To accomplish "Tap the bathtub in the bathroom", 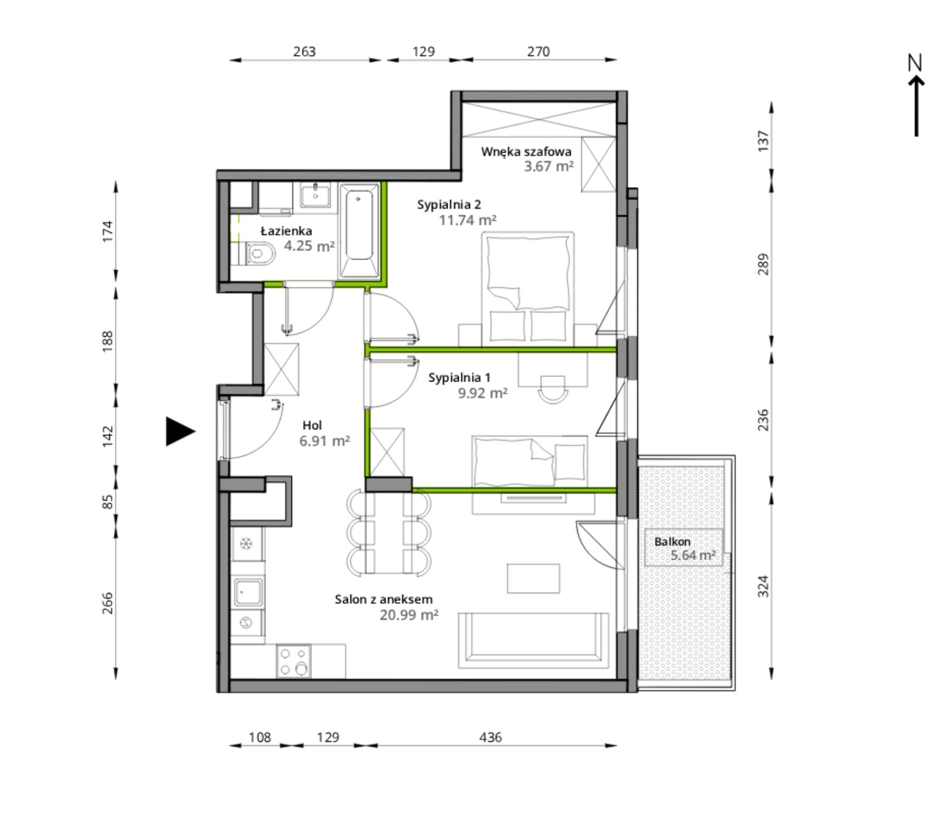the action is pyautogui.click(x=359, y=230).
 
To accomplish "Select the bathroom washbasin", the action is pyautogui.click(x=315, y=195).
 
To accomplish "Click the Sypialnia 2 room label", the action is pyautogui.click(x=449, y=204).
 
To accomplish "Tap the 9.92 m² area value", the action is pyautogui.click(x=483, y=393).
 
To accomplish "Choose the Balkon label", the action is pyautogui.click(x=673, y=542).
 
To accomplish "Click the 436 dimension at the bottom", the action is pyautogui.click(x=490, y=737).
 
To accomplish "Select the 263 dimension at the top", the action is pyautogui.click(x=304, y=52).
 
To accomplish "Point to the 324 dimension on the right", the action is pyautogui.click(x=764, y=586).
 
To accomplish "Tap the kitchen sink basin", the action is pyautogui.click(x=248, y=592).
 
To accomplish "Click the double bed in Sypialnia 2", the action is pyautogui.click(x=528, y=288).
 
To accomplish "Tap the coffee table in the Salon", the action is pyautogui.click(x=533, y=578).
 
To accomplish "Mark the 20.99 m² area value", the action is pyautogui.click(x=409, y=615).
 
